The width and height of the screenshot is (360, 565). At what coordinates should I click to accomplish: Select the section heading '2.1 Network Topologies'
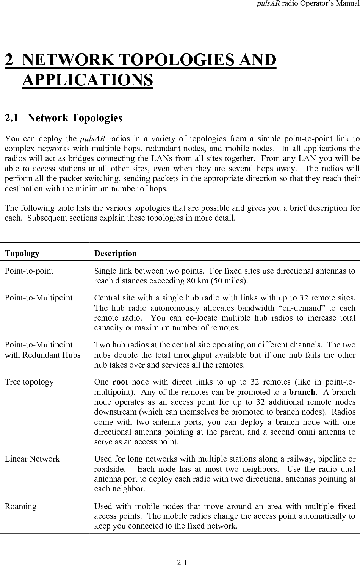tap(63, 118)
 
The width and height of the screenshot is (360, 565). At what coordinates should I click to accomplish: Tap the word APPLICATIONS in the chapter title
tap(88, 80)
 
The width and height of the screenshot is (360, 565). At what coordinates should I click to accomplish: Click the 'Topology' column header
tap(22, 254)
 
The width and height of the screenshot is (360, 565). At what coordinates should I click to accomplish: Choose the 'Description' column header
tap(116, 254)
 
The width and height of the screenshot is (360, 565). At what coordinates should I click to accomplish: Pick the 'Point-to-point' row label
tap(29, 271)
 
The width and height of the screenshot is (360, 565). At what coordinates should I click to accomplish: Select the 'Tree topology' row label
tap(29, 382)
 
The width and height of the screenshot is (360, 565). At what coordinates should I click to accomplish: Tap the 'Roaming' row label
tap(21, 506)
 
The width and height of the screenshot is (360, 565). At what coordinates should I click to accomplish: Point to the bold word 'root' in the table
tap(120, 382)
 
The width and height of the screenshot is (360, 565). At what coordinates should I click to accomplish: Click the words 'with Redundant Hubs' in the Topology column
tap(42, 355)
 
